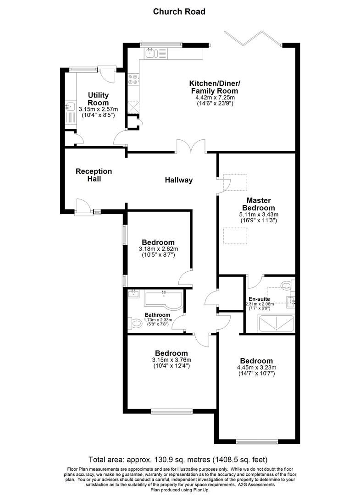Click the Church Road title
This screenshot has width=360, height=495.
pyautogui.click(x=179, y=11)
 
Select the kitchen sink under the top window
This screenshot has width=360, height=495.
pyautogui.click(x=151, y=54)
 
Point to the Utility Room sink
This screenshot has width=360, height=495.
pyautogui.click(x=70, y=107)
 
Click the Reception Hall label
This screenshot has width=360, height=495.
pyautogui.click(x=94, y=175)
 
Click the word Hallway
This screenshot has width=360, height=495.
pyautogui.click(x=179, y=180)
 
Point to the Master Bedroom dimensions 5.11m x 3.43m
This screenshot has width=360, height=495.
pyautogui.click(x=259, y=214)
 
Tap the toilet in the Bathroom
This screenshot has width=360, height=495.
pyautogui.click(x=136, y=324)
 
